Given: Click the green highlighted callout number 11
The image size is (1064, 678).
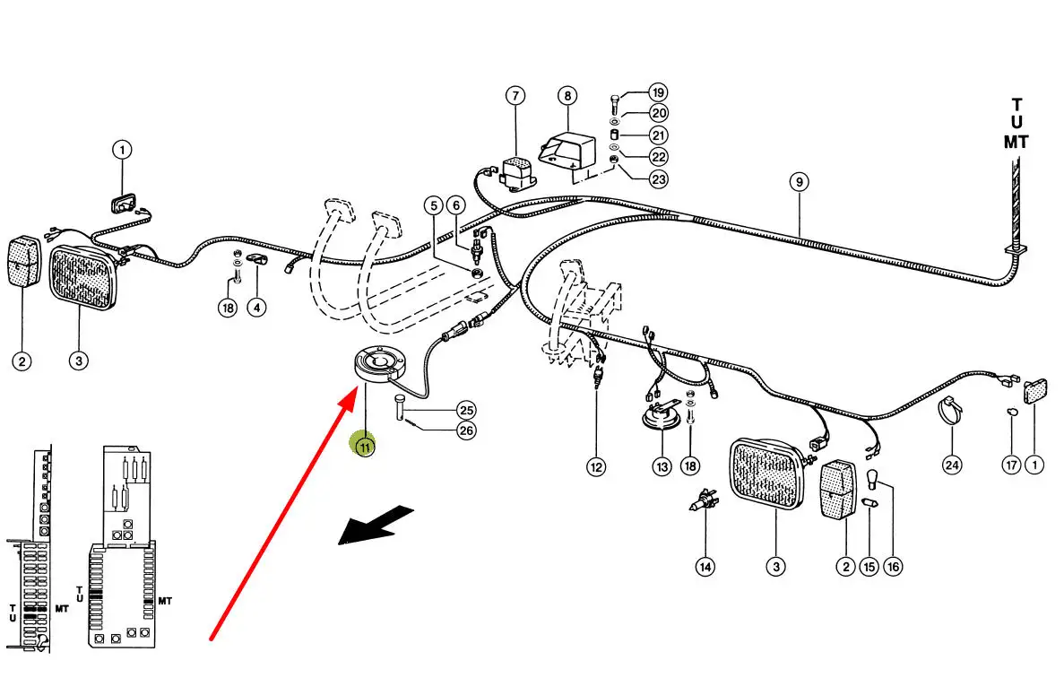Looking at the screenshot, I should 365,445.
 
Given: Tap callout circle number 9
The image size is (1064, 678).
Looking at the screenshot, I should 799,182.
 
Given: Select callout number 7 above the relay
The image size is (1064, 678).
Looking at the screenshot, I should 515,95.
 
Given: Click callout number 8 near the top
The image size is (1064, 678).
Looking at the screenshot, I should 567,95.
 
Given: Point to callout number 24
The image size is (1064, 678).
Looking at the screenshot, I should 951,465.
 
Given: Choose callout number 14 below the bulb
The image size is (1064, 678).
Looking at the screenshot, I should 706,567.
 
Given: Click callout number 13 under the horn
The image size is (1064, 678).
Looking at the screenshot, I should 662,466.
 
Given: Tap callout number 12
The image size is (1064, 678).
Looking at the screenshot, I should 596,466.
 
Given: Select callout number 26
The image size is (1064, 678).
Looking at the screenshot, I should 466,430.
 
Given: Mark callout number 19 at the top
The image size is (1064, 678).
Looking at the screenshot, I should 659,92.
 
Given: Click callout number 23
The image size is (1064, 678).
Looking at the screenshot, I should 659,178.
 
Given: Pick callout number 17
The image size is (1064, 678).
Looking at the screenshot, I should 1011,465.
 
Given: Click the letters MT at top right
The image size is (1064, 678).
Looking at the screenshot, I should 1016,142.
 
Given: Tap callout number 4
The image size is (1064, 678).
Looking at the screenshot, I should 257,308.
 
